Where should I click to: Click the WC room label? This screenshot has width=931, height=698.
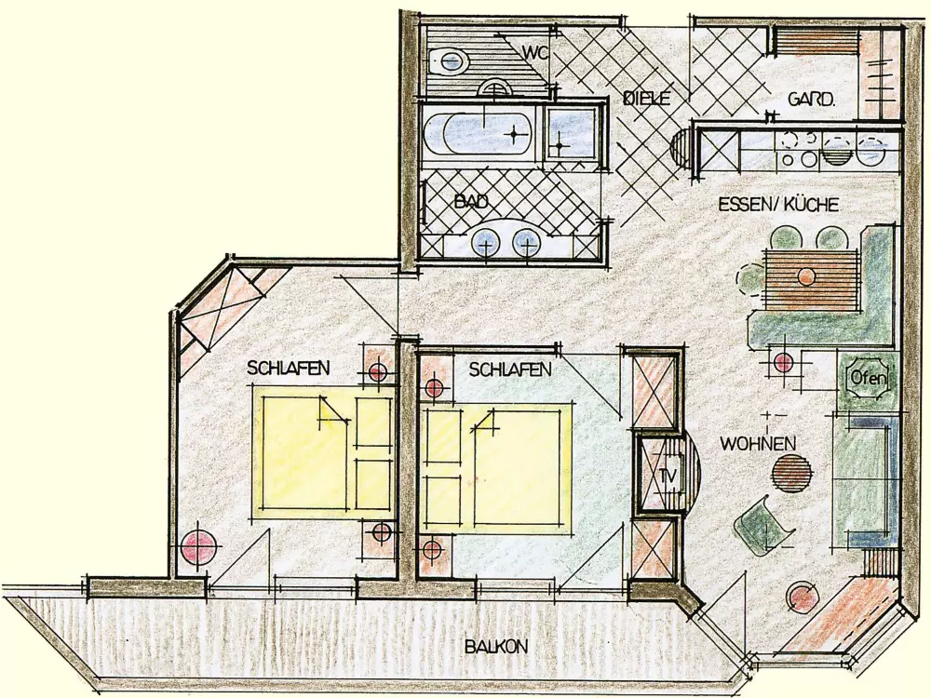[534, 51]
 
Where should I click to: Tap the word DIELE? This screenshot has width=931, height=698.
[647, 98]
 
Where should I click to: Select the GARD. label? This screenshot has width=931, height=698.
[811, 99]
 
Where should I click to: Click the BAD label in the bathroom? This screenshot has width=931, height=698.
[471, 201]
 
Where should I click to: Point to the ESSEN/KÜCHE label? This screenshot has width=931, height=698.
[778, 205]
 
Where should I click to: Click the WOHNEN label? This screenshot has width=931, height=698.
[758, 443]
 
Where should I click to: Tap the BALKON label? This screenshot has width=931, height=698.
[496, 646]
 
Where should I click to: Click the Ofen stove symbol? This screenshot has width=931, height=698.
[868, 378]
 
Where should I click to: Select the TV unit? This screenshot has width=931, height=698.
[660, 475]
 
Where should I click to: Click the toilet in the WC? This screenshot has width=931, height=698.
[449, 61]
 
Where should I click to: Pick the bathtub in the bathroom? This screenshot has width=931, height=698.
[481, 135]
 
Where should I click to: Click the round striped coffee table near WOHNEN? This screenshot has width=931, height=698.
[792, 473]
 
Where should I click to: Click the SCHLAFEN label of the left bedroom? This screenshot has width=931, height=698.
[288, 368]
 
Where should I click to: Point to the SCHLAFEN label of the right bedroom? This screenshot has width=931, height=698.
[510, 369]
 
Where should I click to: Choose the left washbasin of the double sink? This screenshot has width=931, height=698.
[487, 244]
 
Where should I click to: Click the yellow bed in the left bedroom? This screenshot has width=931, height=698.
[324, 453]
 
